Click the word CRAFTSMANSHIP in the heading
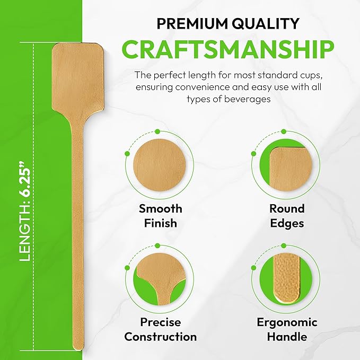coord(228,49)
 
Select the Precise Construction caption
coord(161,329)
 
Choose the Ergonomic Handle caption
coord(287,329)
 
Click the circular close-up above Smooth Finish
coord(156,166)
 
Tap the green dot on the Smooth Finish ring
coord(127,153)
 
